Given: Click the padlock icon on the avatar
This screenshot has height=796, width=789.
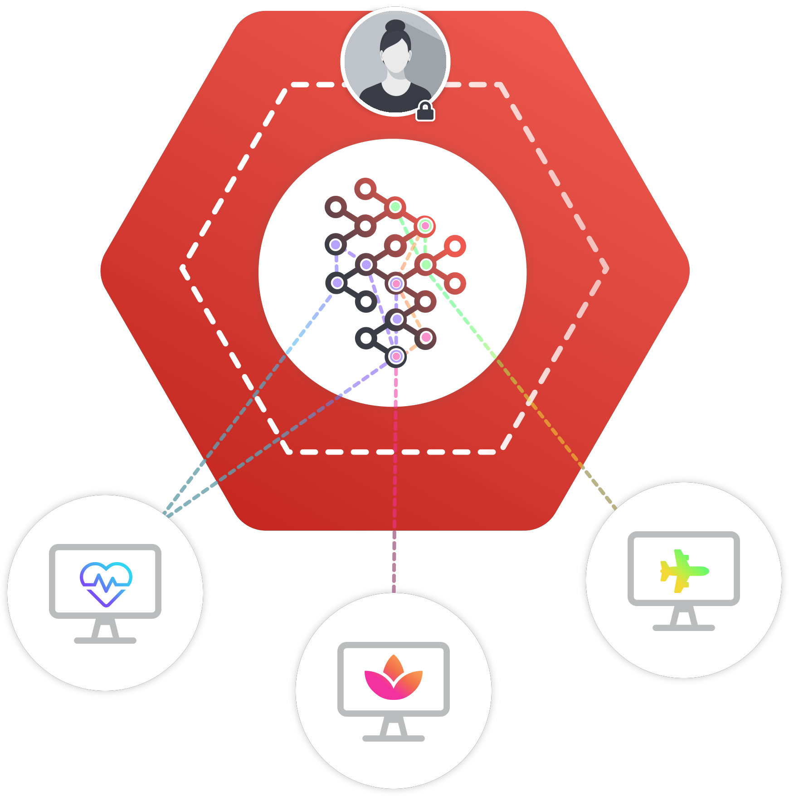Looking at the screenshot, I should (425, 112).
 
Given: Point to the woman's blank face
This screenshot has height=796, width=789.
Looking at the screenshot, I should (396, 58).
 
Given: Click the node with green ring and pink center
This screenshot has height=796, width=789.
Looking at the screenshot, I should (425, 226).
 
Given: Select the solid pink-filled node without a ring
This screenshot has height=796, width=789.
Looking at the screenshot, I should (426, 338).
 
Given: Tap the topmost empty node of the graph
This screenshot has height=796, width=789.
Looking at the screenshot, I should (365, 189).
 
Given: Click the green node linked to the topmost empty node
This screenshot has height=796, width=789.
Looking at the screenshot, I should (395, 207).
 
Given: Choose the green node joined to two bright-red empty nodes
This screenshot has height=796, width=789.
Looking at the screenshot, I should (426, 265).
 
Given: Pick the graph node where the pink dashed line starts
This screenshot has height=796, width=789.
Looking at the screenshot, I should (396, 357).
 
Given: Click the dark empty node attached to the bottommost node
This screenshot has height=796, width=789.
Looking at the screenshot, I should (365, 338).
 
